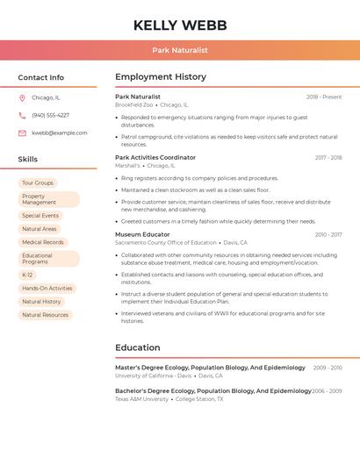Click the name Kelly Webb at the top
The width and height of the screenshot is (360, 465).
click(180, 25)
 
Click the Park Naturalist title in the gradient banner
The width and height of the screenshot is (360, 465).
click(180, 50)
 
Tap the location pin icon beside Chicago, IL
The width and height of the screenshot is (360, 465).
click(22, 98)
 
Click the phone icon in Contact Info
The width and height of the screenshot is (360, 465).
click(22, 116)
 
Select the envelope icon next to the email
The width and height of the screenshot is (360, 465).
click(22, 133)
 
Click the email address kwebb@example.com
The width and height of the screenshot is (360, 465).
click(60, 133)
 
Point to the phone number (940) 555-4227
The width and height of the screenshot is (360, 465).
click(50, 116)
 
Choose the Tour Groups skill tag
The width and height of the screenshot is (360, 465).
click(38, 182)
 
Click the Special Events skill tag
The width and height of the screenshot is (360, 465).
click(40, 216)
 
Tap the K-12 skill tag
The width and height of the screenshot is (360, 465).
click(27, 275)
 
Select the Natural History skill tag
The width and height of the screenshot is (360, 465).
click(41, 302)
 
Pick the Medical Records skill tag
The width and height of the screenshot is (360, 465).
click(43, 242)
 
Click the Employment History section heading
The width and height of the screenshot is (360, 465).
click(161, 77)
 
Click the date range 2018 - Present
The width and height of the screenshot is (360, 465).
click(324, 97)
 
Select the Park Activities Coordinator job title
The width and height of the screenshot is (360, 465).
click(155, 158)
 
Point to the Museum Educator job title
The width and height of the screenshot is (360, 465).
click(142, 234)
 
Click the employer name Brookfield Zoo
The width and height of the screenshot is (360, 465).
click(133, 104)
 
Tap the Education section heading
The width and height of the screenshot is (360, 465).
click(137, 347)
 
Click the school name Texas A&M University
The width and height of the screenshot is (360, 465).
click(141, 399)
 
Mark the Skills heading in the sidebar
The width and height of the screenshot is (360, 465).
click(28, 160)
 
